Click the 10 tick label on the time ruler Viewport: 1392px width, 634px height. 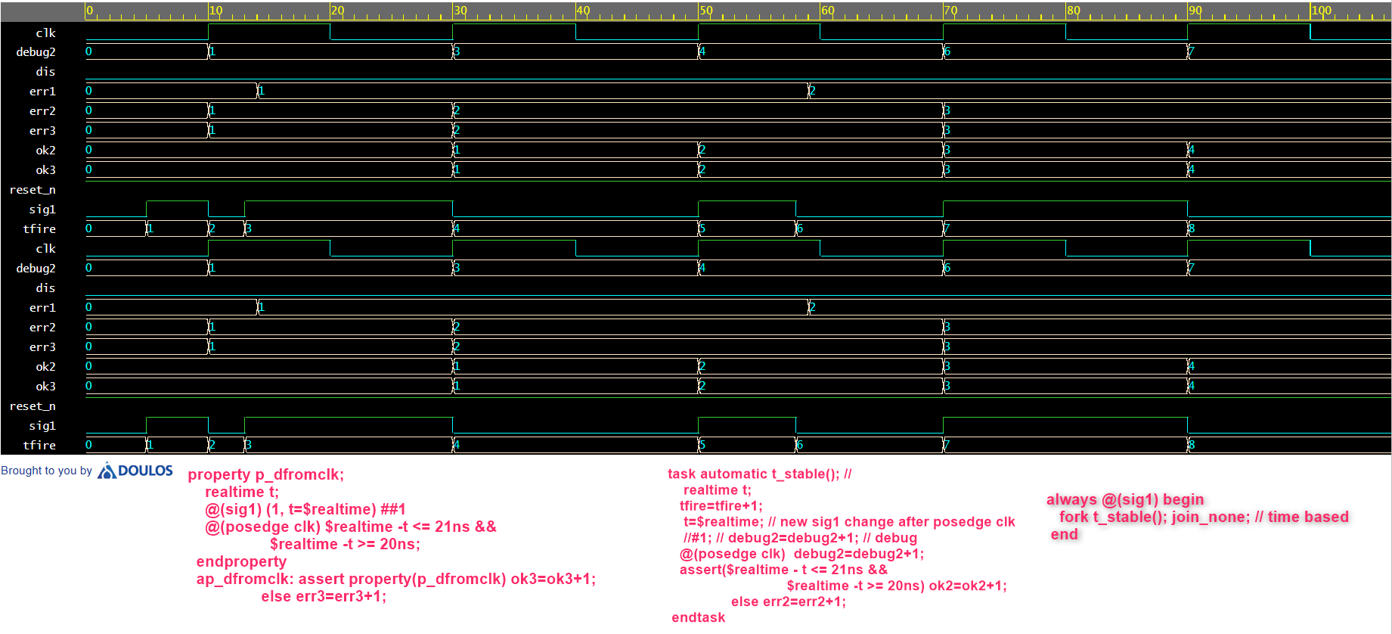pyautogui.click(x=216, y=11)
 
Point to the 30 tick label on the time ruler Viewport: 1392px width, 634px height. pyautogui.click(x=460, y=11)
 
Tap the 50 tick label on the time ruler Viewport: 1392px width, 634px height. pyautogui.click(x=706, y=11)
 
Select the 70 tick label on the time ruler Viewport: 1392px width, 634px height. pyautogui.click(x=951, y=11)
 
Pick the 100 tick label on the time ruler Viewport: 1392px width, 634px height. pyautogui.click(x=1322, y=11)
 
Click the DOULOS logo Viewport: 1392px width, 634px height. pyautogui.click(x=136, y=471)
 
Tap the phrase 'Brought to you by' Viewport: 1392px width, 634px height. pyautogui.click(x=46, y=471)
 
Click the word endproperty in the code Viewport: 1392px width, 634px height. pyautogui.click(x=241, y=561)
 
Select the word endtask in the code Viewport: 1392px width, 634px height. pyautogui.click(x=698, y=617)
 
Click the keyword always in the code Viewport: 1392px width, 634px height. pyautogui.click(x=1071, y=499)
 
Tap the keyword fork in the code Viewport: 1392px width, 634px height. pyautogui.click(x=1074, y=517)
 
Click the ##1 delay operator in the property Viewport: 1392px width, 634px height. pyautogui.click(x=393, y=509)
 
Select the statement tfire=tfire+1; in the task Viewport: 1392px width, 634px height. pyautogui.click(x=721, y=505)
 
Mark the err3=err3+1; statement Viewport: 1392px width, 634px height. pyautogui.click(x=341, y=596)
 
